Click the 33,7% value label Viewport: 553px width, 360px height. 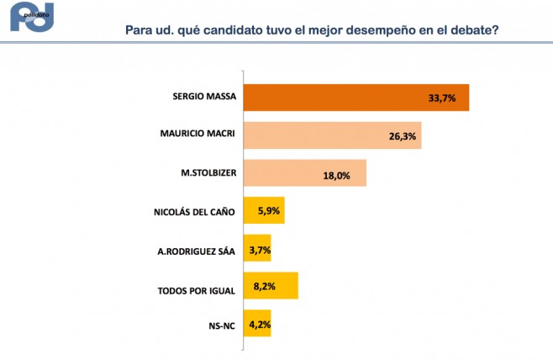coord(441,98)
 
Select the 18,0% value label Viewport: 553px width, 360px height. coord(338,174)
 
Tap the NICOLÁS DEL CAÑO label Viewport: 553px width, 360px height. coord(194,210)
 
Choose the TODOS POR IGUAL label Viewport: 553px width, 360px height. coord(196,291)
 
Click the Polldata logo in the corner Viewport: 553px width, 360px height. coord(32,19)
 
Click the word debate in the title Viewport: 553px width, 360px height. coord(477,30)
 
